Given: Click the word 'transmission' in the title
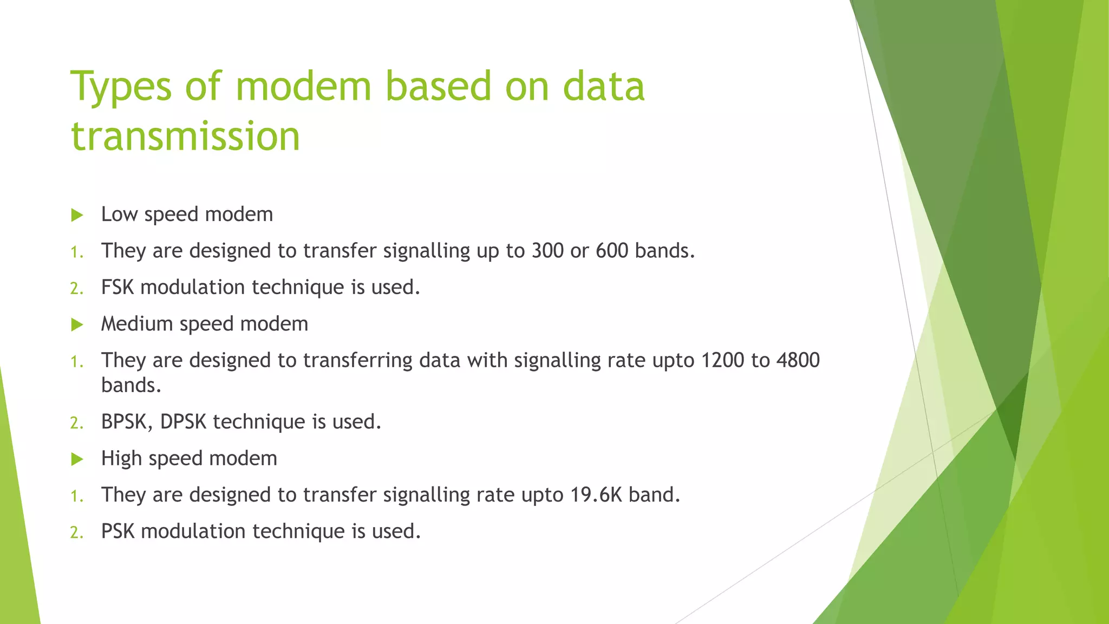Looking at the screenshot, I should point(185,136).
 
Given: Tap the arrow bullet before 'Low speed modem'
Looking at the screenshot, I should point(77,216).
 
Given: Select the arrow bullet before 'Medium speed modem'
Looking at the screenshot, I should point(77,325).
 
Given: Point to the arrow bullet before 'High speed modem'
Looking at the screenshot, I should point(77,460).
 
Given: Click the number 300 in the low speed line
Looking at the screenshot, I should point(547,251).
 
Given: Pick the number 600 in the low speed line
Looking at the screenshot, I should point(612,251).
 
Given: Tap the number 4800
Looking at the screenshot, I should point(798,360).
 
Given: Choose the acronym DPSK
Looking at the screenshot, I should point(183,422).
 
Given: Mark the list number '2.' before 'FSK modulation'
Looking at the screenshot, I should point(76,289).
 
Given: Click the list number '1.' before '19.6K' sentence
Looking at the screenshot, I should point(76,496).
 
